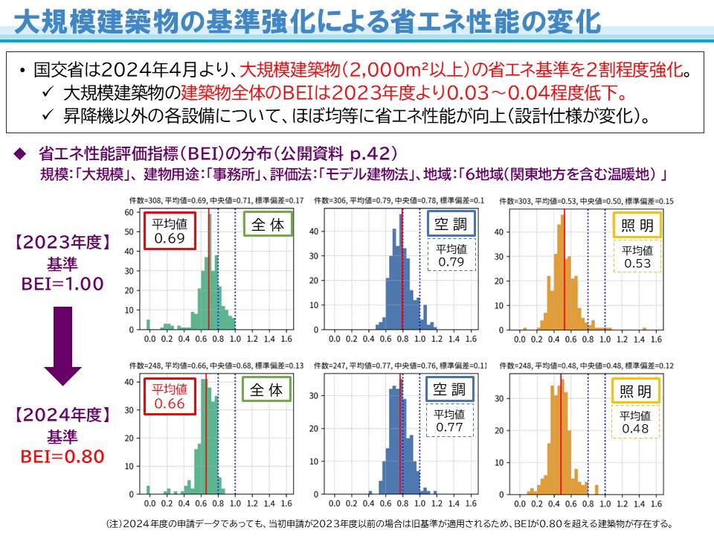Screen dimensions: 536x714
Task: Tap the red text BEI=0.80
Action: [x=63, y=456]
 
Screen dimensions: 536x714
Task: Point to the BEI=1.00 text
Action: [x=63, y=284]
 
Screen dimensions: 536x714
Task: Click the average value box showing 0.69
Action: [x=170, y=231]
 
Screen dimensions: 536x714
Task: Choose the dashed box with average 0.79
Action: [x=450, y=255]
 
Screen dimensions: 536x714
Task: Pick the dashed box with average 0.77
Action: [x=450, y=421]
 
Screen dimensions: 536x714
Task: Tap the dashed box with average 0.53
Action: [x=637, y=257]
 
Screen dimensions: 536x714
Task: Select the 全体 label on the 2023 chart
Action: [x=268, y=224]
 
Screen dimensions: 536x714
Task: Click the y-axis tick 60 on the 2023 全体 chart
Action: [x=128, y=212]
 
